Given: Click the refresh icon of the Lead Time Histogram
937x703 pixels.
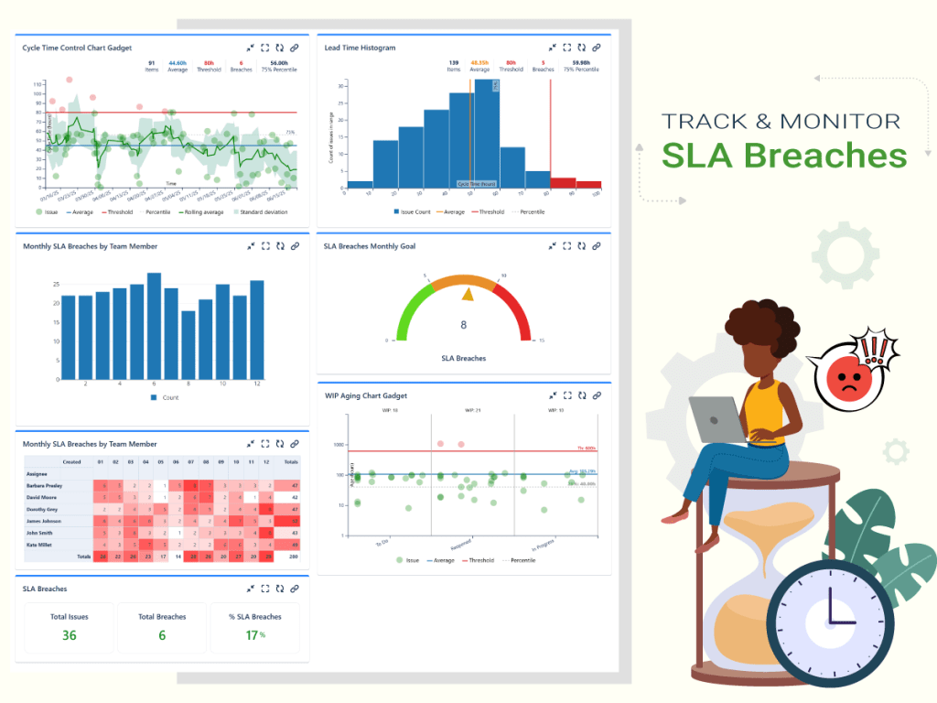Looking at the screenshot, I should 582,47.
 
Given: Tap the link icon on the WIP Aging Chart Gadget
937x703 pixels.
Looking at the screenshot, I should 597,395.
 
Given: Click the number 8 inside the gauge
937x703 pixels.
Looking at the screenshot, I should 464,324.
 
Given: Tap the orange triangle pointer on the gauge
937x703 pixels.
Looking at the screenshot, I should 468,294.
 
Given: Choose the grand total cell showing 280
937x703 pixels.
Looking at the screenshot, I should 294,556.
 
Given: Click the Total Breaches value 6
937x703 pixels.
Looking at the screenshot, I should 162,634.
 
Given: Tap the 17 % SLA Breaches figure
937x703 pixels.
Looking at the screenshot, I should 253,634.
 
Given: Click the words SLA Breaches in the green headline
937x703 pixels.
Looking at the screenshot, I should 784,155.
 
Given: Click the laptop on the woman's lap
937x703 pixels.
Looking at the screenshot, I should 717,420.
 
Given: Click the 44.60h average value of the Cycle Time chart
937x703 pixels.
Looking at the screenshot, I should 178,63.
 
